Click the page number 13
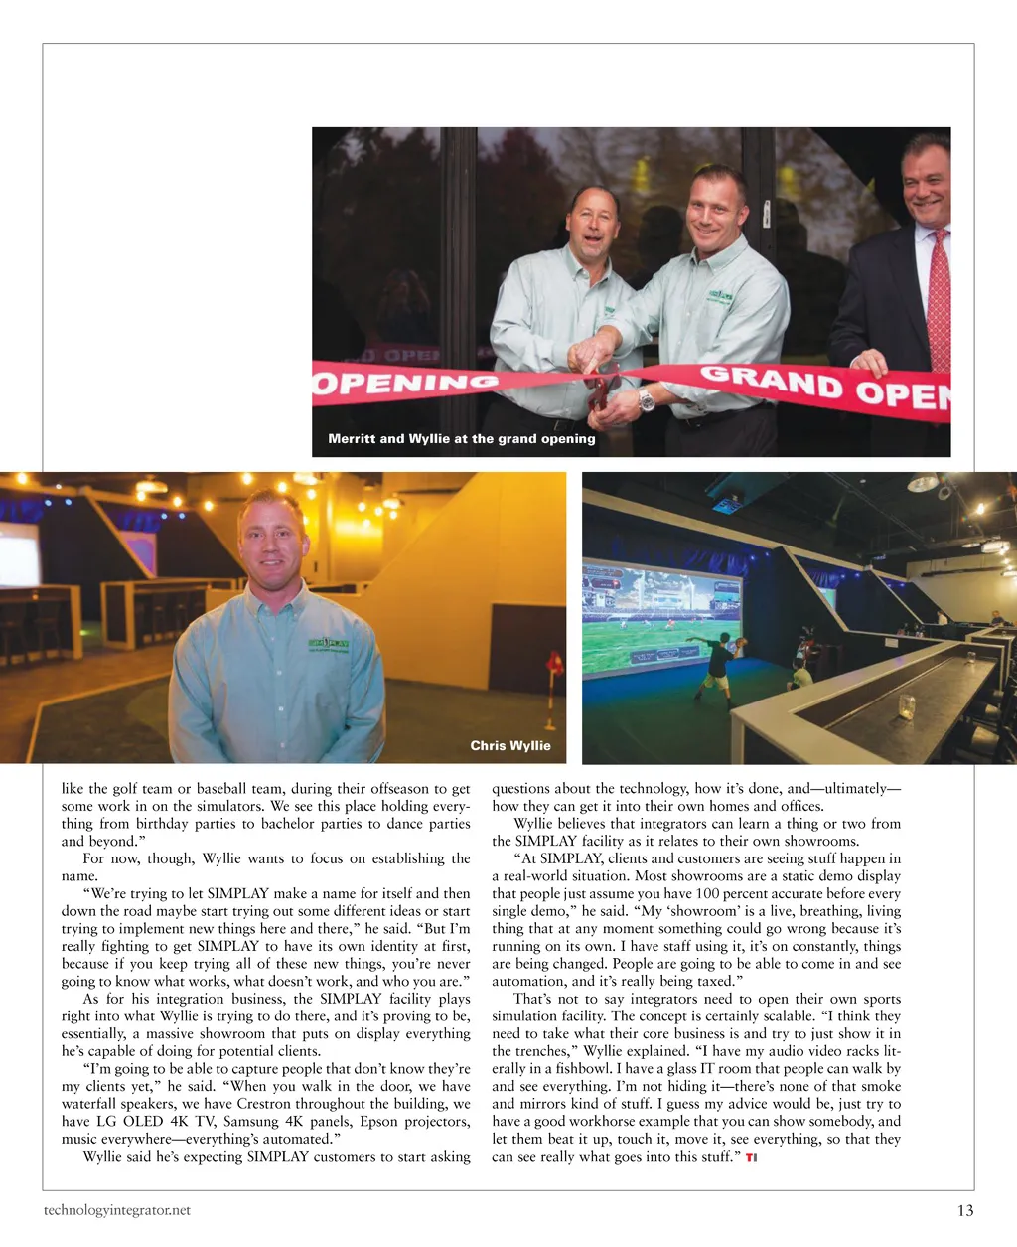coord(965,1210)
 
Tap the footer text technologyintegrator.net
coord(116,1210)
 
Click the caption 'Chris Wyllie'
coord(509,745)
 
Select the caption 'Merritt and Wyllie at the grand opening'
coord(462,438)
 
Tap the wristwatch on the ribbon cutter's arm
coord(647,399)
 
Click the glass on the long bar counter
coord(906,704)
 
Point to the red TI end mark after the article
coord(751,1157)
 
